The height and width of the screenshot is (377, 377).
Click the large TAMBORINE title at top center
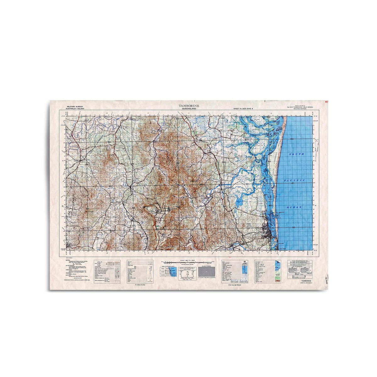189,106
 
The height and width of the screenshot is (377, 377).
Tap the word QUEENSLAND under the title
189,109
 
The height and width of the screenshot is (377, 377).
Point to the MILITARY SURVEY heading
73,107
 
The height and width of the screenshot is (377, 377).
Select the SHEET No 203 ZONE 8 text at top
243,108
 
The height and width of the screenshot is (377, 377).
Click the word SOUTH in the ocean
297,154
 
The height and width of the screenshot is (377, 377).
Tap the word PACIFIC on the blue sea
294,180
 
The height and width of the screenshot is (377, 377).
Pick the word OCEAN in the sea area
294,207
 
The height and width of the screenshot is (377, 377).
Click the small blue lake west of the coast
239,204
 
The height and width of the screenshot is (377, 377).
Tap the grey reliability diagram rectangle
206,271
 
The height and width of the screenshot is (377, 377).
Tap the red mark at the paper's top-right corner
326,102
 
